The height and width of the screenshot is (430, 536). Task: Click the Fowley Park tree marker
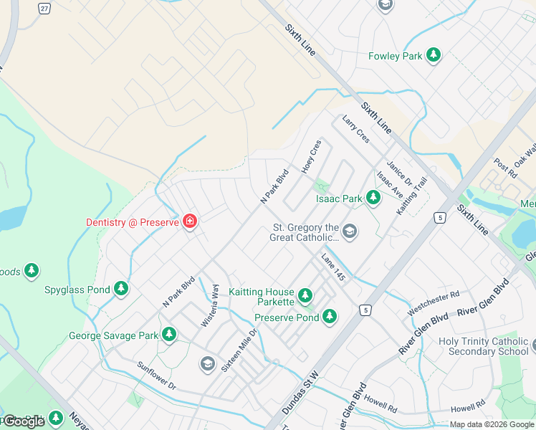click(433, 54)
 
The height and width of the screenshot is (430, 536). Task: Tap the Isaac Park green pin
click(373, 197)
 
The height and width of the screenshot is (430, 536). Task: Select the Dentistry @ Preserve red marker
click(190, 221)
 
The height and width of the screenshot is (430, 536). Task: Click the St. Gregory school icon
click(349, 231)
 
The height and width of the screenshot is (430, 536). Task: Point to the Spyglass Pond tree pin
click(121, 288)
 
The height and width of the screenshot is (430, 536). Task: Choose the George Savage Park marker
click(169, 334)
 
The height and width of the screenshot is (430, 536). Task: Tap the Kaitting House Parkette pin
click(305, 295)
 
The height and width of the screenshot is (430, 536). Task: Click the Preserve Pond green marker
click(330, 315)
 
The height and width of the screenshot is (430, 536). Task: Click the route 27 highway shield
click(44, 8)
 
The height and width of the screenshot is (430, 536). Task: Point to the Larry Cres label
click(355, 129)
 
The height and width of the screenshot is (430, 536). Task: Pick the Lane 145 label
click(334, 268)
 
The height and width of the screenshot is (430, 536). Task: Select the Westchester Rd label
click(434, 303)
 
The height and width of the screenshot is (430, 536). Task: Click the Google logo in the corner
click(24, 421)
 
